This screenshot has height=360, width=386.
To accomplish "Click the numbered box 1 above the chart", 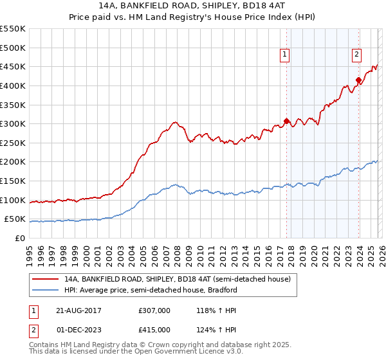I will click(x=284, y=55).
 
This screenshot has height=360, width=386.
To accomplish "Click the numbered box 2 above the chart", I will click(x=356, y=55).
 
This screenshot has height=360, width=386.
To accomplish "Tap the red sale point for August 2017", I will click(x=287, y=121).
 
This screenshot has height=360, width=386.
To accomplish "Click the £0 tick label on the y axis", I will click(x=20, y=238).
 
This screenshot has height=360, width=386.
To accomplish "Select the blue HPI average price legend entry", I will click(x=151, y=290).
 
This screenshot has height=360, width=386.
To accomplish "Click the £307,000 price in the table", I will click(x=154, y=310).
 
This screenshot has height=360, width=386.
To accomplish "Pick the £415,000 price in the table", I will click(x=154, y=329).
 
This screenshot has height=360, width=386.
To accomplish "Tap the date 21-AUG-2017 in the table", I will click(x=78, y=310).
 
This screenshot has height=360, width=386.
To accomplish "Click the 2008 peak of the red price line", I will click(x=174, y=122).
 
